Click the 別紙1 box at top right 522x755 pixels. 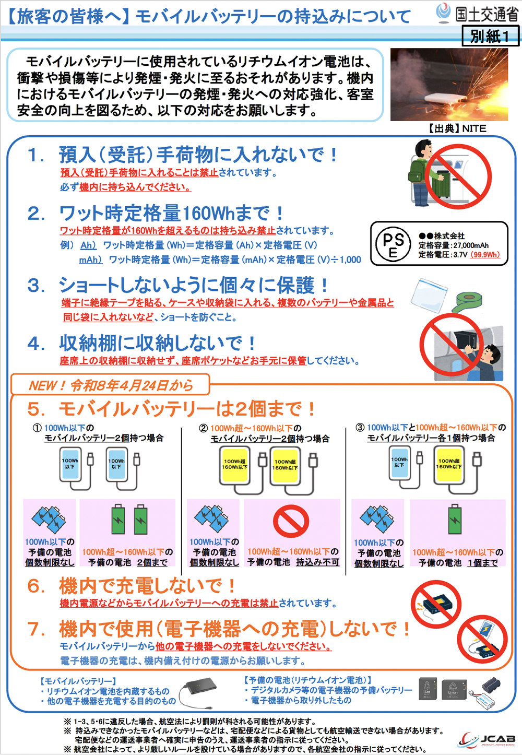coord(490,36)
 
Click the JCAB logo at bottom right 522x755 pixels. coord(488,739)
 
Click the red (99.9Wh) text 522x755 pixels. coord(485,255)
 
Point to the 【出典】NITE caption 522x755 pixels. coord(457,128)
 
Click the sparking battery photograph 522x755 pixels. coord(449,85)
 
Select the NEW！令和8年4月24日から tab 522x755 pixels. coord(110,385)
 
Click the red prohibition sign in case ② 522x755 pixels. coord(291,522)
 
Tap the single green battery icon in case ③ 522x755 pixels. coord(455,519)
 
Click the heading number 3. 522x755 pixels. coord(35,286)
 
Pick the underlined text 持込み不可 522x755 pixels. coord(317,562)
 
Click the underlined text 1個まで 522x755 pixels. coord(482,563)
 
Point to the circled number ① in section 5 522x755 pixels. coord(37,428)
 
